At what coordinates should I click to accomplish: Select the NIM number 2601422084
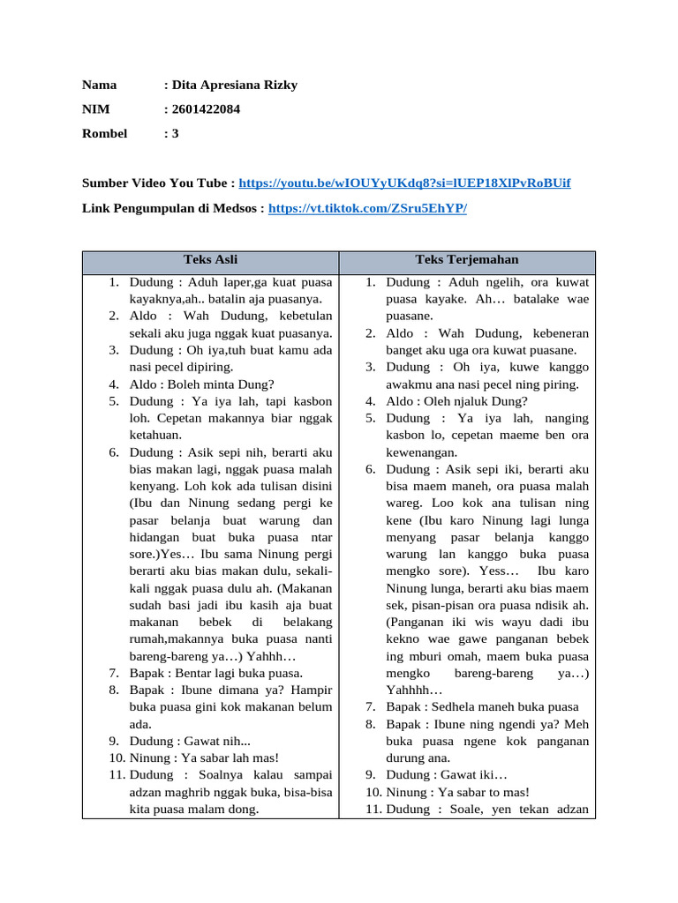(205, 109)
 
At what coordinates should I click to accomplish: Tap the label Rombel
(104, 133)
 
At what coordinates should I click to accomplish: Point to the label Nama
(99, 85)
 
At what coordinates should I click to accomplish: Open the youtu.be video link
(404, 183)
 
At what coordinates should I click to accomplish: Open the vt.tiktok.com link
(366, 208)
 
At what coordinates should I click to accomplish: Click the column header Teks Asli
(210, 259)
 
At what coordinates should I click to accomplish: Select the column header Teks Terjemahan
(467, 259)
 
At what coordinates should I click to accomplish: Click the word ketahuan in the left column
(155, 435)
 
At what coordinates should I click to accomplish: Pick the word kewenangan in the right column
(421, 451)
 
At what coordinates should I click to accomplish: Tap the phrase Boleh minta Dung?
(201, 384)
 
